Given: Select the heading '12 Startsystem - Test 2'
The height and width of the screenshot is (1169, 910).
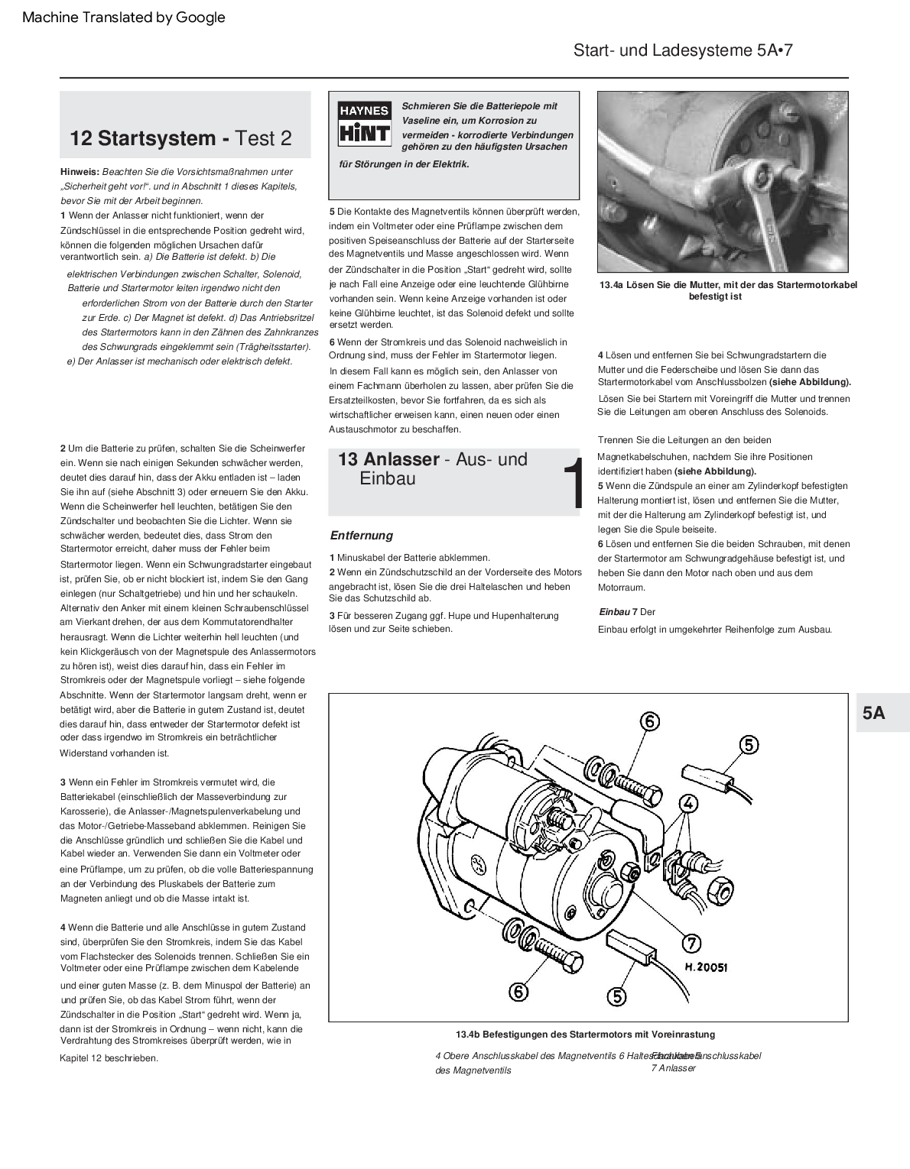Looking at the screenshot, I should click(x=180, y=138).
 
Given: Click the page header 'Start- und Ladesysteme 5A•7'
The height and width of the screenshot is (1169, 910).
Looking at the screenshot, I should click(x=682, y=50).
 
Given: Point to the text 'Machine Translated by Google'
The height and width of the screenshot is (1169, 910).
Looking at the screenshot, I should click(x=124, y=17).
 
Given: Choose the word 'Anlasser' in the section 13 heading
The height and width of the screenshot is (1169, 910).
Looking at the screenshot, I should click(x=401, y=459).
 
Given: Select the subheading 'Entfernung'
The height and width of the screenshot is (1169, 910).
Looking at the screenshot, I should click(x=361, y=536).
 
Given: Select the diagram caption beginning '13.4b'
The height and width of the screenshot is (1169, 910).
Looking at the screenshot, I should click(x=585, y=1035).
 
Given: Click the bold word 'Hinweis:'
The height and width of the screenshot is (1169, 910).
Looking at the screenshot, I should click(x=80, y=172).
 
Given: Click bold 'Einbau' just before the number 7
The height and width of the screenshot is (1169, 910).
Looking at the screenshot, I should click(x=614, y=612).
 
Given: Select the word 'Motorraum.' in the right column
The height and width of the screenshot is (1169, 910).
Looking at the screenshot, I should click(x=622, y=588).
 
